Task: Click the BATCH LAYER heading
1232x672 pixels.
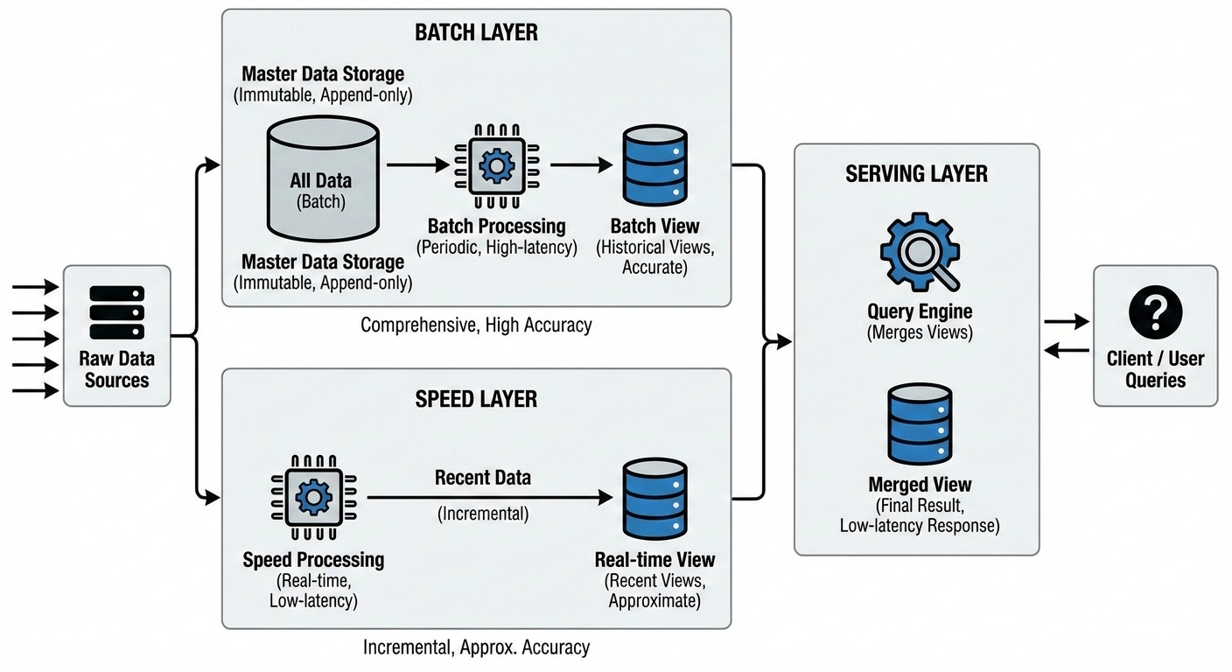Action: pyautogui.click(x=476, y=33)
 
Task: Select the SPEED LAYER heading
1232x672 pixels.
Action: pyautogui.click(x=476, y=400)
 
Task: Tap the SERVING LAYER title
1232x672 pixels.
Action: pyautogui.click(x=916, y=173)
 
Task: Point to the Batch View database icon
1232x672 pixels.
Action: pyautogui.click(x=654, y=164)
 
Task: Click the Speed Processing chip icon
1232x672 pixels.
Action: pyautogui.click(x=312, y=497)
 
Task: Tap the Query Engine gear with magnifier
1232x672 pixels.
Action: pyautogui.click(x=919, y=251)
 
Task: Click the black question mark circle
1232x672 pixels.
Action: pyautogui.click(x=1155, y=312)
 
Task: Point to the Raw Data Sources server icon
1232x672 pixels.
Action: pyautogui.click(x=116, y=312)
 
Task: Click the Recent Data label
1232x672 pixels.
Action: pyautogui.click(x=483, y=478)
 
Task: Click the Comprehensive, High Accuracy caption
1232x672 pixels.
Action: pyautogui.click(x=476, y=325)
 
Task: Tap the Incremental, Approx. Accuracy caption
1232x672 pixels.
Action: pyautogui.click(x=476, y=647)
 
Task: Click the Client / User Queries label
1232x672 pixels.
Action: pyautogui.click(x=1155, y=369)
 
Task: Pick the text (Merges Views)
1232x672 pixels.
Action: pyautogui.click(x=919, y=332)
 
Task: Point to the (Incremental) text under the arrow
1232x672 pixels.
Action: pyautogui.click(x=483, y=514)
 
